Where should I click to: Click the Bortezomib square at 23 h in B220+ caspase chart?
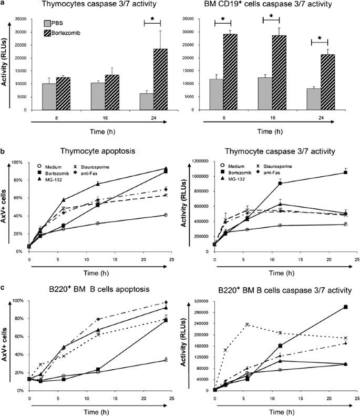tap(345, 307)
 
